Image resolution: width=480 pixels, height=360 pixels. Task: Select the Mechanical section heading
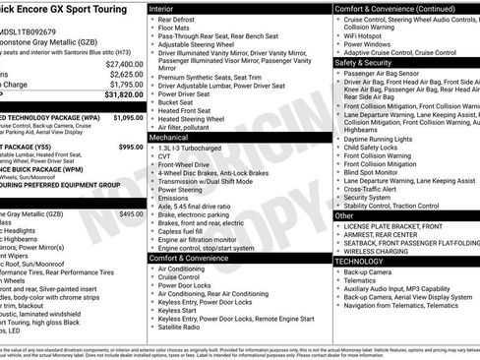coord(174,138)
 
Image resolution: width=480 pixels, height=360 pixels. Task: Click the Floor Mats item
coord(174,28)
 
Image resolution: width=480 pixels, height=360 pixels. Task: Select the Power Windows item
coord(373,43)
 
